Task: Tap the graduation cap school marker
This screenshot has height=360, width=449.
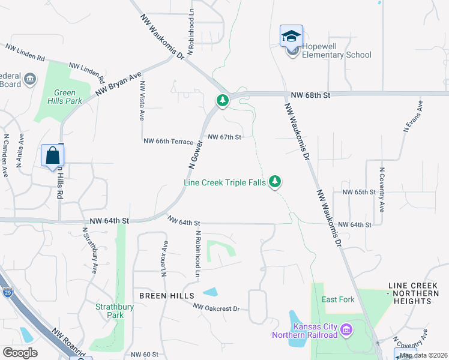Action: [291, 36]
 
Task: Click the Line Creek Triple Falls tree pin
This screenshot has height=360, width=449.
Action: [275, 181]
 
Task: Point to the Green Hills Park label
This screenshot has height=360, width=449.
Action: [65, 97]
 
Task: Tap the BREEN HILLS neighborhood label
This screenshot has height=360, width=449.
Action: [167, 296]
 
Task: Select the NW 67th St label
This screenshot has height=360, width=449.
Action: [224, 137]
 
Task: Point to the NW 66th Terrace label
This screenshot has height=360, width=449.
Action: [169, 141]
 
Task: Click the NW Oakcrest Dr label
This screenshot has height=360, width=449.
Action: [216, 307]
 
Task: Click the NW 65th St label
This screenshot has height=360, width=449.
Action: [358, 192]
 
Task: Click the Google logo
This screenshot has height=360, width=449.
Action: [20, 352]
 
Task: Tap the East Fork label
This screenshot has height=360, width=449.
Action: [338, 299]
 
